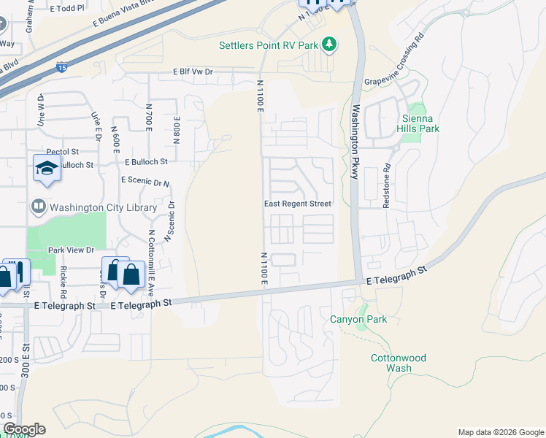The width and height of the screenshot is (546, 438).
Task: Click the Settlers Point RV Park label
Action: [269, 45]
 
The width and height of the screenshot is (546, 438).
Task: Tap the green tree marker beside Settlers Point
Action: [329, 45]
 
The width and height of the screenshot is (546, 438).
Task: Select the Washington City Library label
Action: [103, 207]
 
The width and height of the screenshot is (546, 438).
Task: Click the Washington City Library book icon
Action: [39, 207]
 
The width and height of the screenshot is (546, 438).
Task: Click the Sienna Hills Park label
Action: [420, 123]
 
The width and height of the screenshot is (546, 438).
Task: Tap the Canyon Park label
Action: [358, 319]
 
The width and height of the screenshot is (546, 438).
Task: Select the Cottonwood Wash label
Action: [399, 363]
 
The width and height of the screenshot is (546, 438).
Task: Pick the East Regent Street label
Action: [297, 204]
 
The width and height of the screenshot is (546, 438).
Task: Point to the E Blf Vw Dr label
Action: [193, 72]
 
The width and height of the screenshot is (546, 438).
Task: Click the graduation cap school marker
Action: [46, 169]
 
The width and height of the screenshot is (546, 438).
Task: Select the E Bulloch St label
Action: [146, 161]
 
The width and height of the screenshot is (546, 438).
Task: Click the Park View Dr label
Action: [72, 250]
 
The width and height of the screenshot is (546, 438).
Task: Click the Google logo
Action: [23, 429]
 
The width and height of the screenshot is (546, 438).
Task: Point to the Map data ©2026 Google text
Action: [501, 432]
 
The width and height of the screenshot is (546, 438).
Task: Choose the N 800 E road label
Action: [177, 131]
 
